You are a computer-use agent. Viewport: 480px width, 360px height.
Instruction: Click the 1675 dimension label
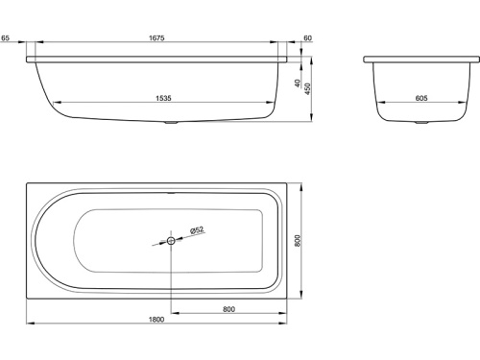(156, 37)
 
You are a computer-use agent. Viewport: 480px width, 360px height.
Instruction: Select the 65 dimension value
(5, 37)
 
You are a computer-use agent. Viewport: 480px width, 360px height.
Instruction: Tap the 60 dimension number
(307, 38)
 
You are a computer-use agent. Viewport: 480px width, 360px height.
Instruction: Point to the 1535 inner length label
(163, 98)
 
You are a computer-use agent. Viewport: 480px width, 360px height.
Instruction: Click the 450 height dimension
(307, 88)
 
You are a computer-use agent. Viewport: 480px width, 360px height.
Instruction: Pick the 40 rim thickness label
(298, 84)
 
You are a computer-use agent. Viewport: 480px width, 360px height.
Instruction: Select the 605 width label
(421, 98)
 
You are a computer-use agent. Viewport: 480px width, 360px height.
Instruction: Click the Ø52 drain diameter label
(197, 230)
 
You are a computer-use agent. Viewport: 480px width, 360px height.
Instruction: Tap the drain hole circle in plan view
(171, 241)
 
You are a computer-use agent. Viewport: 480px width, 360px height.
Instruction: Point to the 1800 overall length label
(156, 320)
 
